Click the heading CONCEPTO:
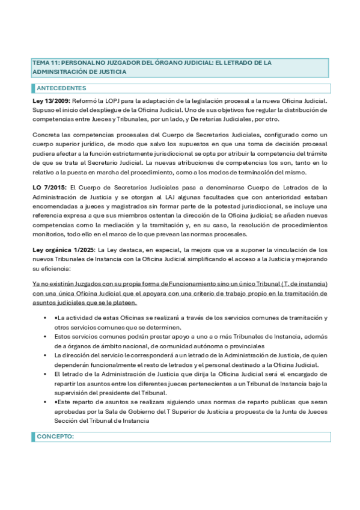[x=55, y=437]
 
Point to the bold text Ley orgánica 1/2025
[x=63, y=250]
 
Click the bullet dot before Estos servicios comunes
[x=46, y=337]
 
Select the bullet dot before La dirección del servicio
[x=46, y=356]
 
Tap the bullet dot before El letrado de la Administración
[x=46, y=374]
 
